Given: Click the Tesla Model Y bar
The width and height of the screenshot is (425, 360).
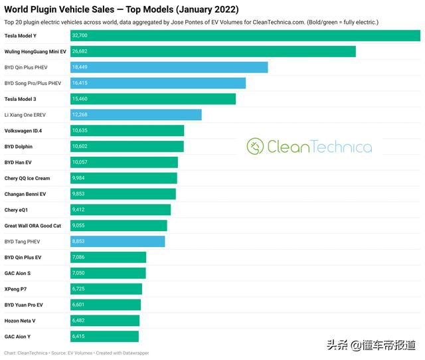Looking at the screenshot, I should pos(245,36).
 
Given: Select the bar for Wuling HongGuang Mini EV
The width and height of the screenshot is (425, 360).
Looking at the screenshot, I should pos(212,52).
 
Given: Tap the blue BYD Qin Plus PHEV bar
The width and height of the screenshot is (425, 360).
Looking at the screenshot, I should pos(169,68).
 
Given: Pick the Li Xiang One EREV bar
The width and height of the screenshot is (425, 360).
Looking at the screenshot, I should pos(135,115).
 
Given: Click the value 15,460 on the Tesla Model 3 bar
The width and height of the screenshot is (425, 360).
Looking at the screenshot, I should pos(80,99).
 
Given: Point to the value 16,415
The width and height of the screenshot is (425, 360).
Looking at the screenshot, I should pos(80,83).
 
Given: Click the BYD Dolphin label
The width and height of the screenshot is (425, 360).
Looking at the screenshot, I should pos(19,147).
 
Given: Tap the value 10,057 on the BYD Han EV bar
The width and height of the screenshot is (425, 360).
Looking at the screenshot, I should pos(80,162).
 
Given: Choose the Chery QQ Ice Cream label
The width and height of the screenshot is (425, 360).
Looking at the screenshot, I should pos(27,178).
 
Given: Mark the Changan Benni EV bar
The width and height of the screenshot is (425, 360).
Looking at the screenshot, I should pos(123,194).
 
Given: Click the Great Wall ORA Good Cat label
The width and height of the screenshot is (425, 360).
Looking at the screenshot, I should pos(33,226).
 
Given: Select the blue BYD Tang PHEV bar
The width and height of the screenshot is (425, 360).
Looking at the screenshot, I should pos(118,242).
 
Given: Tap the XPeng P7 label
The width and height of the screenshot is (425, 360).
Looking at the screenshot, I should pos(15,289).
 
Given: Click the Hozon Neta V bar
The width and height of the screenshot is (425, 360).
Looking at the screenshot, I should pos(105,321).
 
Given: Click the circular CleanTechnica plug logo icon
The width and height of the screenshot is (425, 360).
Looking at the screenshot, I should pos(256,146).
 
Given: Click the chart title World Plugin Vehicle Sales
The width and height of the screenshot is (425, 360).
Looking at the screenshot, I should pos(122,9).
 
